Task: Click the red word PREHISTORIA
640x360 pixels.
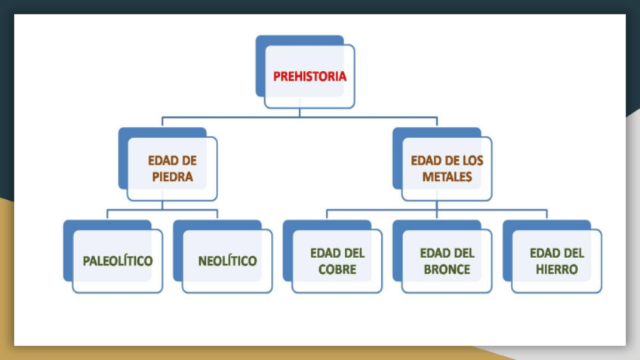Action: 309,76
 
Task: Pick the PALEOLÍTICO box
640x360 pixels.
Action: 117,260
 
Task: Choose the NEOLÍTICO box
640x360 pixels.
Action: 227,260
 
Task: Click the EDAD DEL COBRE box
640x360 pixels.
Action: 337,260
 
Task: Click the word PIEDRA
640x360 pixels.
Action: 171,177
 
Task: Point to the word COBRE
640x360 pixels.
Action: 337,269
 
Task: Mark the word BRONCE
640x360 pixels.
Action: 447,269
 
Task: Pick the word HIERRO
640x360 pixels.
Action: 557,269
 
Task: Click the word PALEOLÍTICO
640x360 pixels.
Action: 117,261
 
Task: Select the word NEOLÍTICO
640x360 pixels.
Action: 227,261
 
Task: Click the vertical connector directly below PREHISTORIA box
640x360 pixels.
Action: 300,112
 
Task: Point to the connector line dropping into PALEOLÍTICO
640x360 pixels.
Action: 107,214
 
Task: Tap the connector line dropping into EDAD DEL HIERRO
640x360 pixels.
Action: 546,214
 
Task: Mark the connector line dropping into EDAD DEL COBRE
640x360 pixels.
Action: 327,214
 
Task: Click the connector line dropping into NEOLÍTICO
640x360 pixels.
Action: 217,214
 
